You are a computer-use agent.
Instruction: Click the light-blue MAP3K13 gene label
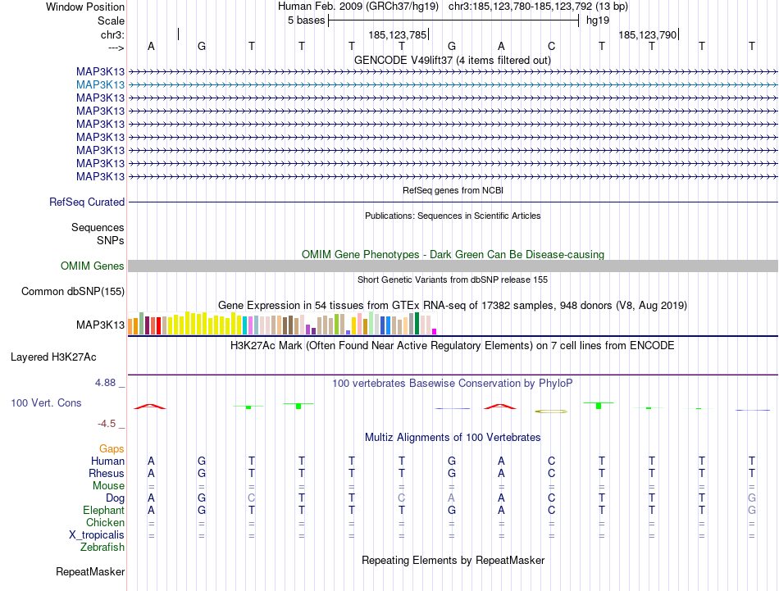point(100,84)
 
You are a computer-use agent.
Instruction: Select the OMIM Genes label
point(93,266)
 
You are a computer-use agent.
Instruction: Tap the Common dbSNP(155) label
point(73,291)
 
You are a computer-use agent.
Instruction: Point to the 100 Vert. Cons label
point(46,403)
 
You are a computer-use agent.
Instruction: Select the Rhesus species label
point(107,473)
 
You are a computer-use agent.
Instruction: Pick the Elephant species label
point(103,510)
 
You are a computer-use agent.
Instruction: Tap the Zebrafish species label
point(102,547)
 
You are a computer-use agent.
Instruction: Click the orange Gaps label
point(112,448)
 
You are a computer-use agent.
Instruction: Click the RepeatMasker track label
point(90,571)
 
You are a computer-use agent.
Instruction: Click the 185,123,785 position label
point(398,35)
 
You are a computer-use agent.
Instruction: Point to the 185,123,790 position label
point(648,35)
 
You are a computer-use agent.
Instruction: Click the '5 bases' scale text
point(306,20)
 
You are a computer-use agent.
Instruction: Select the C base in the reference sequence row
point(552,46)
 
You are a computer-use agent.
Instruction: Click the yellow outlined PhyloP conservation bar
point(552,410)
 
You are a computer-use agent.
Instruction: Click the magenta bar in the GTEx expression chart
point(434,330)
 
